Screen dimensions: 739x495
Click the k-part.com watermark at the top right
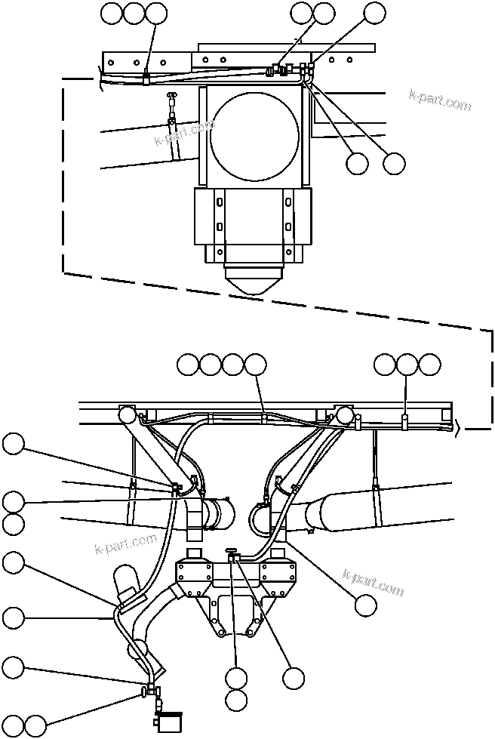coord(440,100)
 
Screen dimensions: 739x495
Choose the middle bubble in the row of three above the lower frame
coord(407,365)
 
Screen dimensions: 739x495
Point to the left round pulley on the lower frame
coord(127,414)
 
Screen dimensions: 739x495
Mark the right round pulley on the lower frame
coord(345,414)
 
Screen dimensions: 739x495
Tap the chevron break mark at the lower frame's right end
coord(457,427)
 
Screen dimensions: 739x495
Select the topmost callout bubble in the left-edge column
coord(13,445)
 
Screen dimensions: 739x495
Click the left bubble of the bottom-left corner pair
coord(13,725)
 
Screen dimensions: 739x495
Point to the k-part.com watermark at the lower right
coord(374,582)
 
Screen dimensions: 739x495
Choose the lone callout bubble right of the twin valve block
coord(366,604)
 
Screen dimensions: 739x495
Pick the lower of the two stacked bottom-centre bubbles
coord(236,701)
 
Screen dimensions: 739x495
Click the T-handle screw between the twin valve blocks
coord(233,555)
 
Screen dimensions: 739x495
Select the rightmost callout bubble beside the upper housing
coord(394,163)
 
